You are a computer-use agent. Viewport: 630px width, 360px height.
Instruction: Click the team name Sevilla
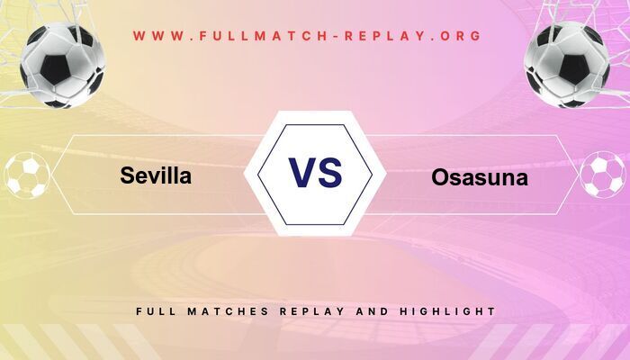pos(156,176)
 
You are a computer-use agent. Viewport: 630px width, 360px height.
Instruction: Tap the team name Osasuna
pos(480,178)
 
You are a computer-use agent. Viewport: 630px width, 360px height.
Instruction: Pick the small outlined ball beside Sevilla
pos(26,176)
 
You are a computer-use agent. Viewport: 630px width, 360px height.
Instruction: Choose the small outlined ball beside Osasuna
pos(603,176)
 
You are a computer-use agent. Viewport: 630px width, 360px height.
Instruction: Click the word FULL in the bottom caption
pos(155,311)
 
